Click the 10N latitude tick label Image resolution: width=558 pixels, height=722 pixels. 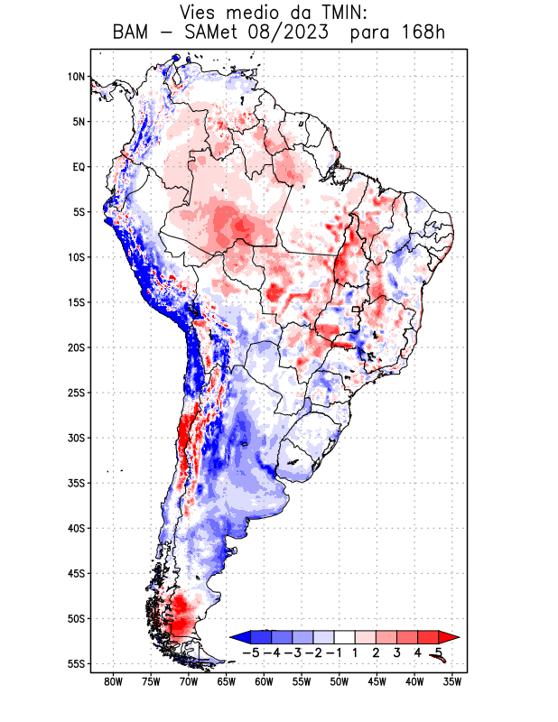click(x=76, y=77)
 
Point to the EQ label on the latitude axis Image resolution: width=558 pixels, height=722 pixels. click(x=79, y=167)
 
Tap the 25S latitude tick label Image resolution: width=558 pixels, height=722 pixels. click(x=76, y=393)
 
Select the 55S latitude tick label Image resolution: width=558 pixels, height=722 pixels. click(x=76, y=663)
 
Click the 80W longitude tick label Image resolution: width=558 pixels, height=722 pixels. click(x=113, y=682)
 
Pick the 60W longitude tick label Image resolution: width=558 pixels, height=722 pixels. click(x=264, y=682)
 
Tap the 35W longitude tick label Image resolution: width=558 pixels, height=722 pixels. click(x=452, y=682)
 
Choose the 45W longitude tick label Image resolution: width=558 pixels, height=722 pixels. click(x=377, y=682)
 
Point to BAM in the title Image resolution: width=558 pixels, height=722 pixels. click(x=133, y=34)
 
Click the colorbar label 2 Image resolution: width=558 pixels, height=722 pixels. click(x=377, y=652)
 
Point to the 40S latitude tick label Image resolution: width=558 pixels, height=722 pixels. click(x=76, y=528)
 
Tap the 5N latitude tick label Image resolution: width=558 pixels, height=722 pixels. click(x=79, y=122)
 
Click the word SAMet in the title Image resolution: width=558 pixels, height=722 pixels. click(x=220, y=34)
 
